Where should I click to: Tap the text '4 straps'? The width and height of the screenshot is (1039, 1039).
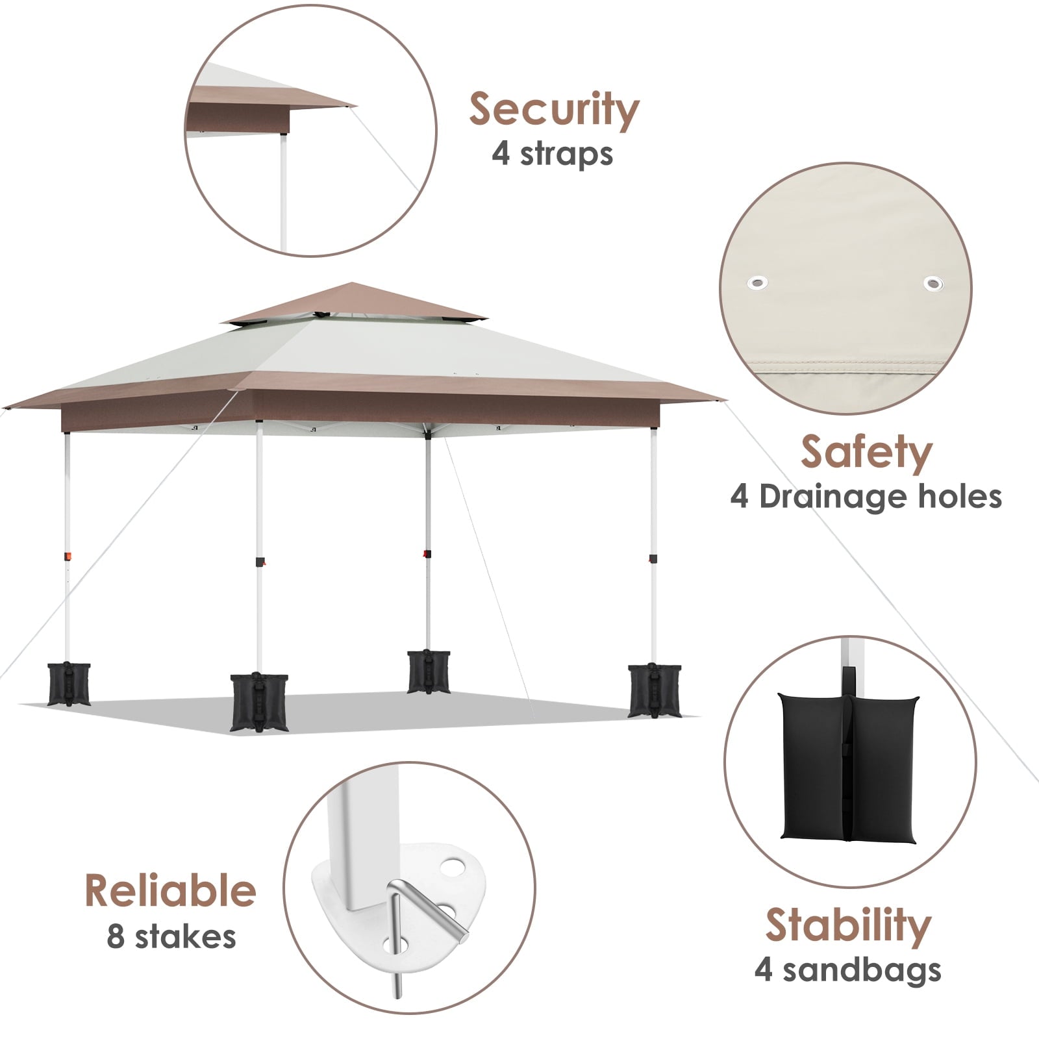coord(553,155)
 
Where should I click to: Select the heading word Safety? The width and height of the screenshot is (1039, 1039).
coord(866,452)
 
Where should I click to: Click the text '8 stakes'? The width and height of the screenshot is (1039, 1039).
coord(171,937)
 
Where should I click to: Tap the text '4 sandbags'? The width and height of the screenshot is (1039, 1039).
coord(848,970)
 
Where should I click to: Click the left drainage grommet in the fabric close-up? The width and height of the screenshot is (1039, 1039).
coord(757,282)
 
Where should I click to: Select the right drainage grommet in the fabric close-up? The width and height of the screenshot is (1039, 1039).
coord(933,284)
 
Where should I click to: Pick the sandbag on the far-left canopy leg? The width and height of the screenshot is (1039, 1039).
coord(69,684)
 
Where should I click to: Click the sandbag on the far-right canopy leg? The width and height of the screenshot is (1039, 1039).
coord(655,690)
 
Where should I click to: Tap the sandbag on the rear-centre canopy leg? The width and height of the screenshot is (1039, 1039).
coord(429,671)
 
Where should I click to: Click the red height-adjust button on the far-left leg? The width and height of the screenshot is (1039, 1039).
coord(68,557)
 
